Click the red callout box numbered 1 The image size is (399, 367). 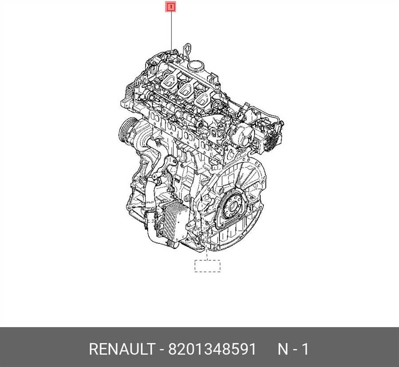click(171, 7)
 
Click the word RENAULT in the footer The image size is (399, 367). click(122, 349)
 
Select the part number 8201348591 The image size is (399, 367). click(212, 349)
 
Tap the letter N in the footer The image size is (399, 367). click(282, 349)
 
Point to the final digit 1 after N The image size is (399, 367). click(306, 349)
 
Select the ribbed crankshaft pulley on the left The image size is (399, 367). click(125, 131)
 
